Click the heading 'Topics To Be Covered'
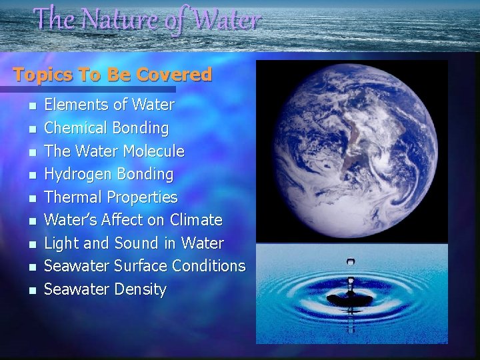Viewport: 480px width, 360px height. click(x=112, y=74)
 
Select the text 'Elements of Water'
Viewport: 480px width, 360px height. click(x=109, y=105)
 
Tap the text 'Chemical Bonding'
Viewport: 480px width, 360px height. click(x=106, y=127)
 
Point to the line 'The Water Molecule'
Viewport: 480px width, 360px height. click(x=114, y=151)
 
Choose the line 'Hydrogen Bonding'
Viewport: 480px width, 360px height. click(x=108, y=174)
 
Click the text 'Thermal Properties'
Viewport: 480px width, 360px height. click(x=111, y=197)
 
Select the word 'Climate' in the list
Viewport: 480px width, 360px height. click(x=197, y=220)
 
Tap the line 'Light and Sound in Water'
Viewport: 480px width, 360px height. click(x=134, y=243)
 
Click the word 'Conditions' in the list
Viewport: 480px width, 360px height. click(x=209, y=266)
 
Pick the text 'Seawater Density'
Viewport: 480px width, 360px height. click(x=105, y=289)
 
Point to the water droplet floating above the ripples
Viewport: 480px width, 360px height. click(x=351, y=263)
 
